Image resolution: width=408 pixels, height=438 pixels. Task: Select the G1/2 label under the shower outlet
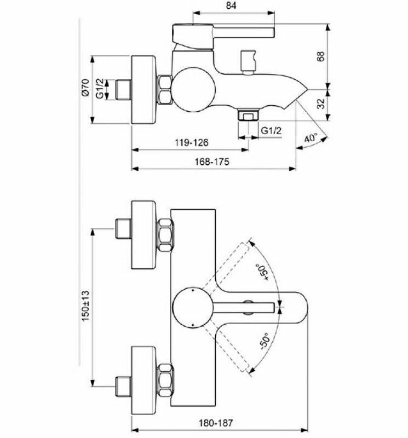(271, 130)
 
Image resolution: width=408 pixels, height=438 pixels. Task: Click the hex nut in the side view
(165, 89)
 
